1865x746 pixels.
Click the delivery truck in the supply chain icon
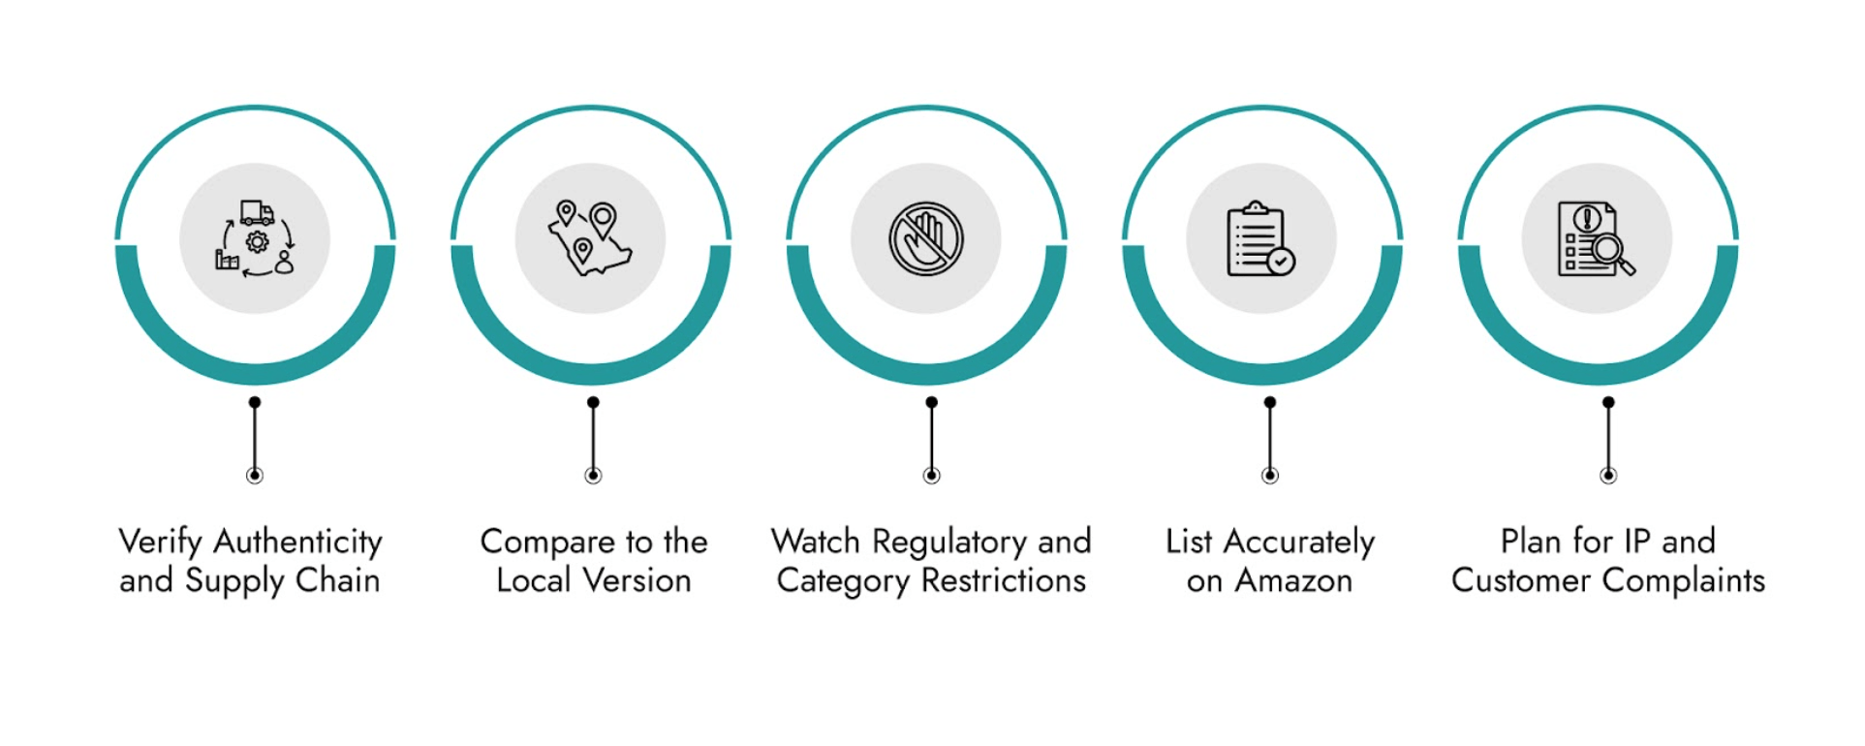point(257,212)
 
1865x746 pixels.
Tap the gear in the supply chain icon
point(257,241)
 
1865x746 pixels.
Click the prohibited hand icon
point(926,238)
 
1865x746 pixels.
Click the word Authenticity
point(297,542)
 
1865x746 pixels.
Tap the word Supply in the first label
point(234,581)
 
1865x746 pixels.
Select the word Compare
point(547,542)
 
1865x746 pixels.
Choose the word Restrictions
point(1003,580)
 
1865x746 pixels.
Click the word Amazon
point(1292,580)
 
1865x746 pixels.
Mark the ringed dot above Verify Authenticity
point(255,475)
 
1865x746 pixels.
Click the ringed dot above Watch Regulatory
point(931,475)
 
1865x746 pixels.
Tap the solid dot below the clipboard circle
point(1269,402)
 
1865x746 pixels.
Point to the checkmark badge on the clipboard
point(1281,261)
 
